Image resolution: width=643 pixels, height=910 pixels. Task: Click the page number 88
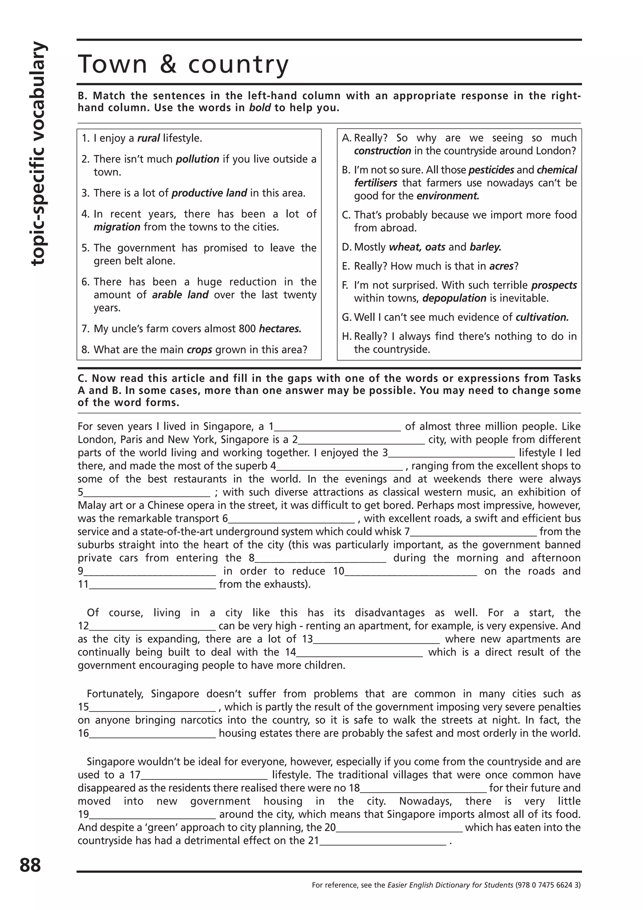click(x=30, y=865)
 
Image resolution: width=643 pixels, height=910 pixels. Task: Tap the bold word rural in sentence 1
click(x=149, y=138)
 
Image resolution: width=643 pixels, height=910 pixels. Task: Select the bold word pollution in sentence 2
click(x=197, y=159)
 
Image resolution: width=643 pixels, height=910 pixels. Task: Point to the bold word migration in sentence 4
click(x=117, y=227)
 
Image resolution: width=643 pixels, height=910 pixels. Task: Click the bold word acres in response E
click(x=501, y=266)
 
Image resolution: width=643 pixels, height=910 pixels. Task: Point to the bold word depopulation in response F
click(x=454, y=298)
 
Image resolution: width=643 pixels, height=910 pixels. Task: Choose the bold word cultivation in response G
click(x=542, y=317)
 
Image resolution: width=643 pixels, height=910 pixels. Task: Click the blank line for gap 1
click(x=338, y=429)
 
